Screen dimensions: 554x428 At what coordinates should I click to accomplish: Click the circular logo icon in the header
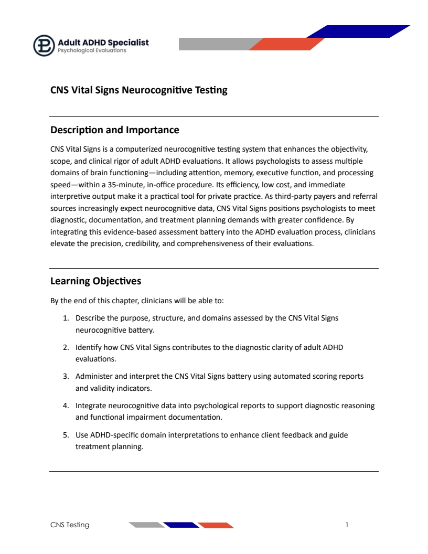(x=44, y=45)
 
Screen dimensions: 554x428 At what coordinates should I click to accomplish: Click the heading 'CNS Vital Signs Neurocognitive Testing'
(x=138, y=90)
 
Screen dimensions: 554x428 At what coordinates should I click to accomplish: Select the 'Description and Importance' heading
(x=114, y=130)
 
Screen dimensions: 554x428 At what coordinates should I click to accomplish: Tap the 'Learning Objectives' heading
(x=95, y=281)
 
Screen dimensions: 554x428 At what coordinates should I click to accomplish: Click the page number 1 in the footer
(x=347, y=525)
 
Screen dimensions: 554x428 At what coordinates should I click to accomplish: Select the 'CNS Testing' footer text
(x=70, y=525)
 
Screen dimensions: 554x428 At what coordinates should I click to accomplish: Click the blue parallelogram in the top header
(x=358, y=31)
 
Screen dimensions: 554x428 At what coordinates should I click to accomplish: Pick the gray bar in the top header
(x=215, y=44)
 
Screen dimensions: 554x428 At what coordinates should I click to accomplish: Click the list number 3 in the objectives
(x=66, y=376)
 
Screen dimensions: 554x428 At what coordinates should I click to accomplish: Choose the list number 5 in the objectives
(x=66, y=435)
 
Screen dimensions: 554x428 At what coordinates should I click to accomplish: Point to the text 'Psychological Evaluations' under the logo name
(x=92, y=51)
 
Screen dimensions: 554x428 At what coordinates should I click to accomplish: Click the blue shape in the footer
(x=181, y=525)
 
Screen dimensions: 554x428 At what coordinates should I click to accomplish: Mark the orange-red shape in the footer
(x=216, y=525)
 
